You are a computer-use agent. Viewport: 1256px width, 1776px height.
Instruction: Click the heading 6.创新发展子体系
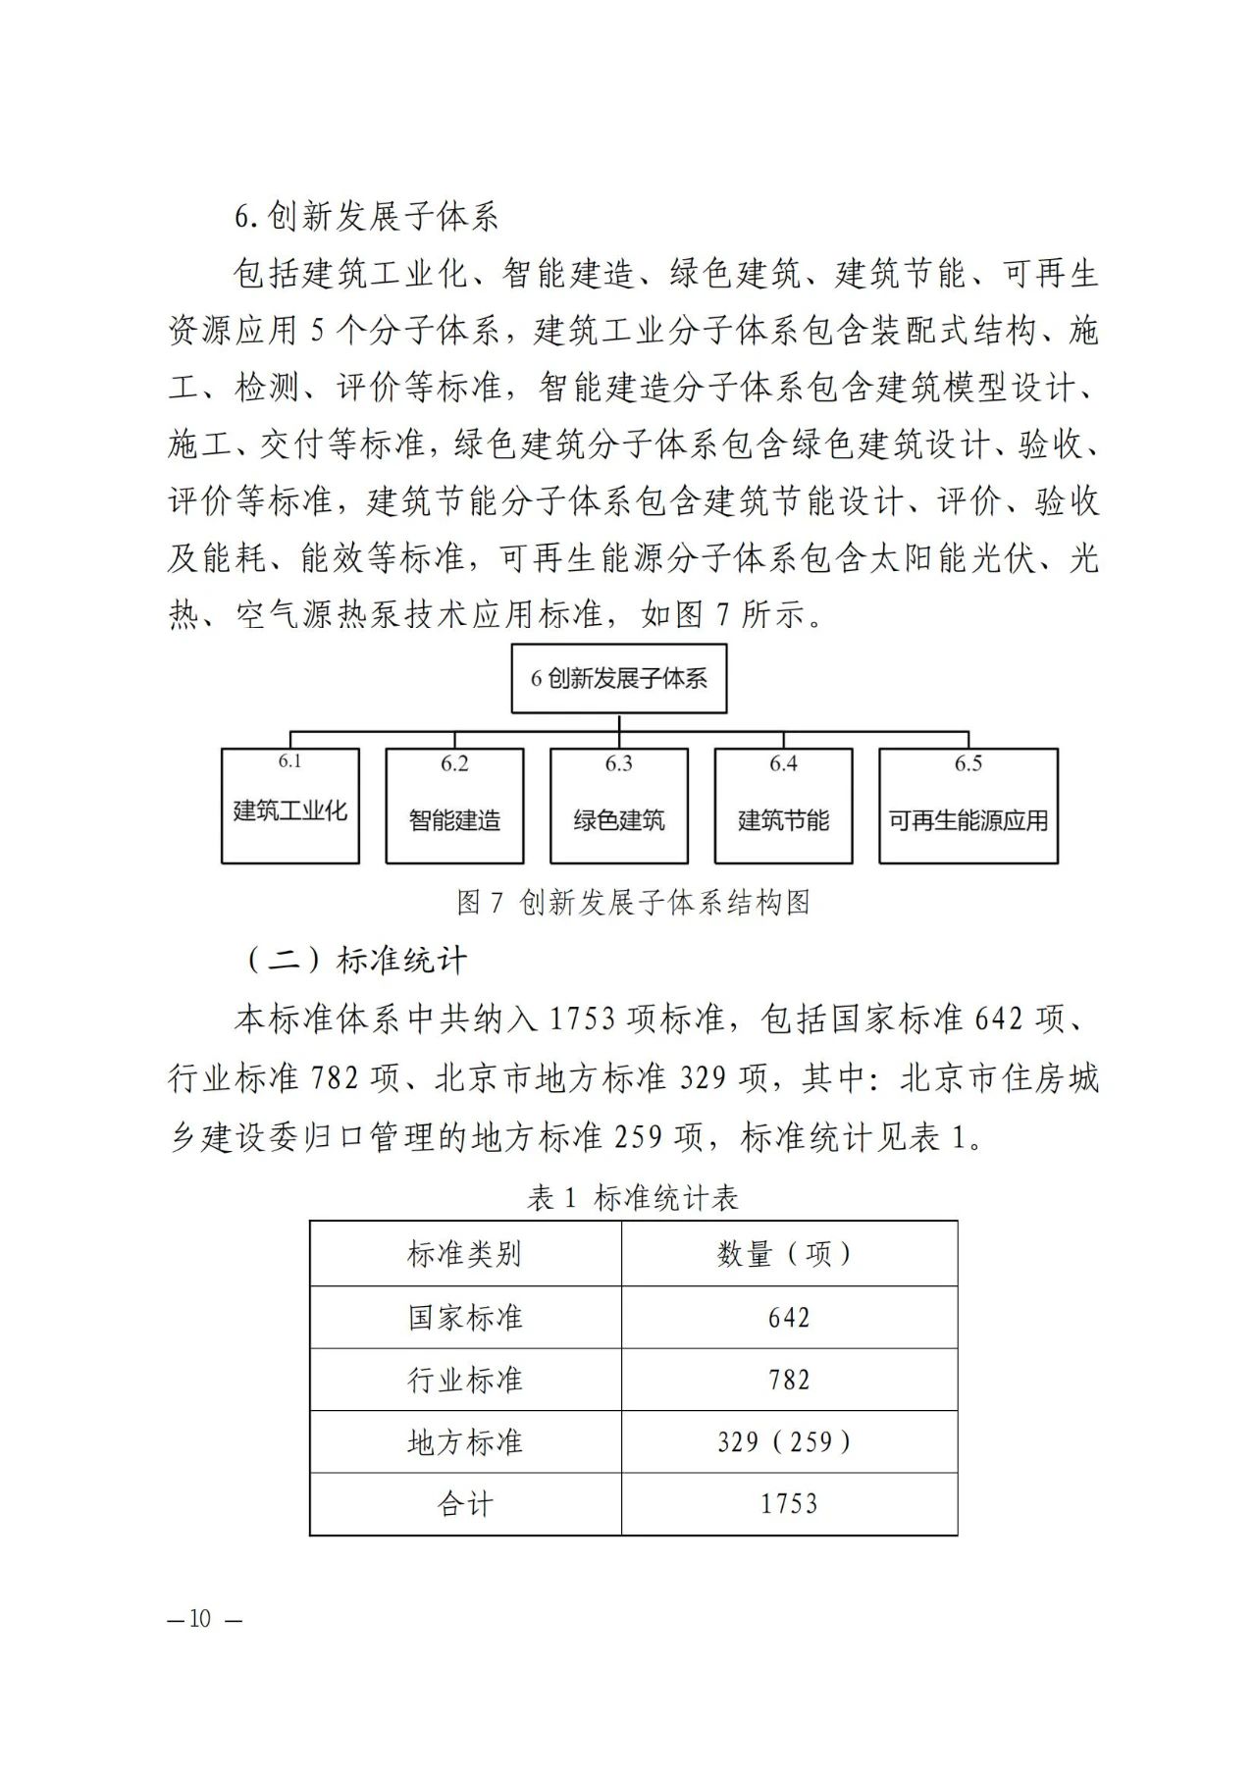(366, 217)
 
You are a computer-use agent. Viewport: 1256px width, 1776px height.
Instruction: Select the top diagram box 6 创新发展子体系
(619, 678)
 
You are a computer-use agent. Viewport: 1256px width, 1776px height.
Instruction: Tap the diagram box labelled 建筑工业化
(290, 807)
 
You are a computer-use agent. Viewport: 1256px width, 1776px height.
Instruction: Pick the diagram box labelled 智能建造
(454, 807)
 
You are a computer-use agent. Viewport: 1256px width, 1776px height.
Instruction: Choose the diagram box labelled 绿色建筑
(619, 807)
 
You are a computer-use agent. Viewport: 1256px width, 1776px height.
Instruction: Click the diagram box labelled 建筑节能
(783, 807)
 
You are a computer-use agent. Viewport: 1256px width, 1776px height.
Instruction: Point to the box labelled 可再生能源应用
(968, 807)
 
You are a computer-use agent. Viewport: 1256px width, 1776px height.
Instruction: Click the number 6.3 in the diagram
(619, 763)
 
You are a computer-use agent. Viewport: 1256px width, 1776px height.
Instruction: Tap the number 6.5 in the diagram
(968, 763)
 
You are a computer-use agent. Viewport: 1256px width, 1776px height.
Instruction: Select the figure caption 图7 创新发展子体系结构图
(634, 902)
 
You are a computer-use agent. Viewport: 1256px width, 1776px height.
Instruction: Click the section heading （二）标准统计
(354, 960)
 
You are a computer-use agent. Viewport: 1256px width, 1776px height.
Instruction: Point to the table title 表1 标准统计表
(633, 1197)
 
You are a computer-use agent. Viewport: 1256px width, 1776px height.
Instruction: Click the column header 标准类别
(465, 1254)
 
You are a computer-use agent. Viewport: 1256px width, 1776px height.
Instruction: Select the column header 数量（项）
(789, 1254)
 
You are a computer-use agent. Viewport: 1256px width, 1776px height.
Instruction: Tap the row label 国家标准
(465, 1317)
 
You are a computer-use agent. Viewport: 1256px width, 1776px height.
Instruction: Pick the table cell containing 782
(789, 1380)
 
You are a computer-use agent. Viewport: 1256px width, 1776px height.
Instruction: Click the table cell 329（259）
(789, 1441)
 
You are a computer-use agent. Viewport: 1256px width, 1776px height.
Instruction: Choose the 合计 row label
(465, 1504)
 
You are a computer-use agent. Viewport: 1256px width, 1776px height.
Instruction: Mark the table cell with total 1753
(789, 1504)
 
